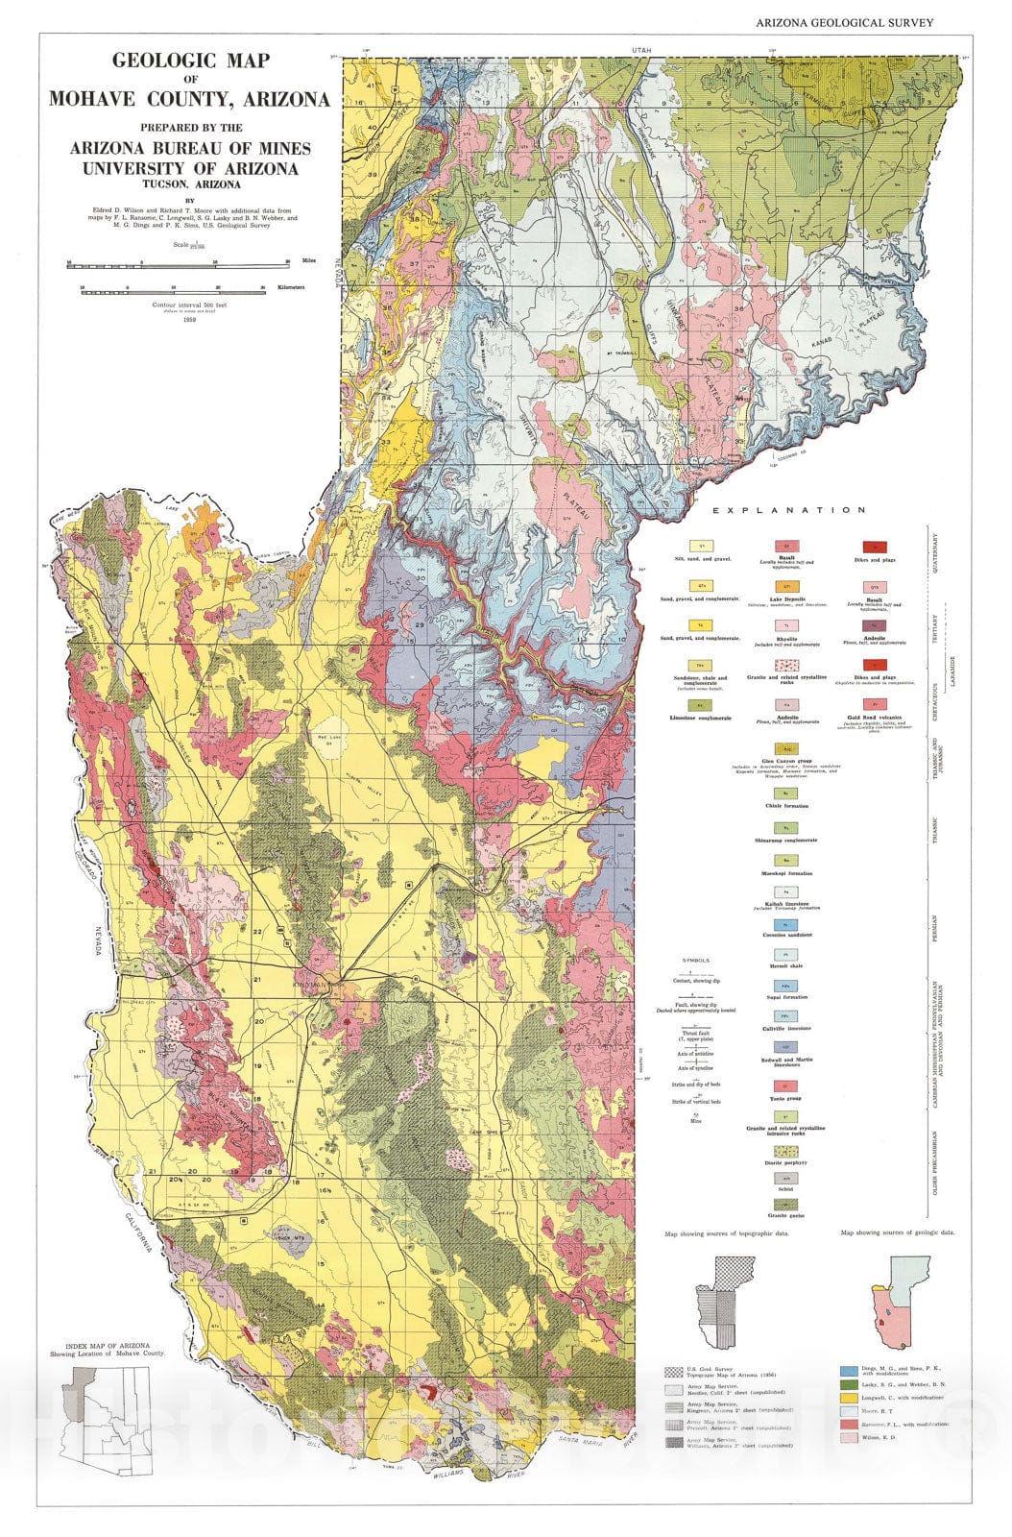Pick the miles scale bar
179,261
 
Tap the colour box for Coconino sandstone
785,925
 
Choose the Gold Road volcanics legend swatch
874,705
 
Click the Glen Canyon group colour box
785,747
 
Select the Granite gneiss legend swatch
785,1204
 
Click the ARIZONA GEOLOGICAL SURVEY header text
844,23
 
